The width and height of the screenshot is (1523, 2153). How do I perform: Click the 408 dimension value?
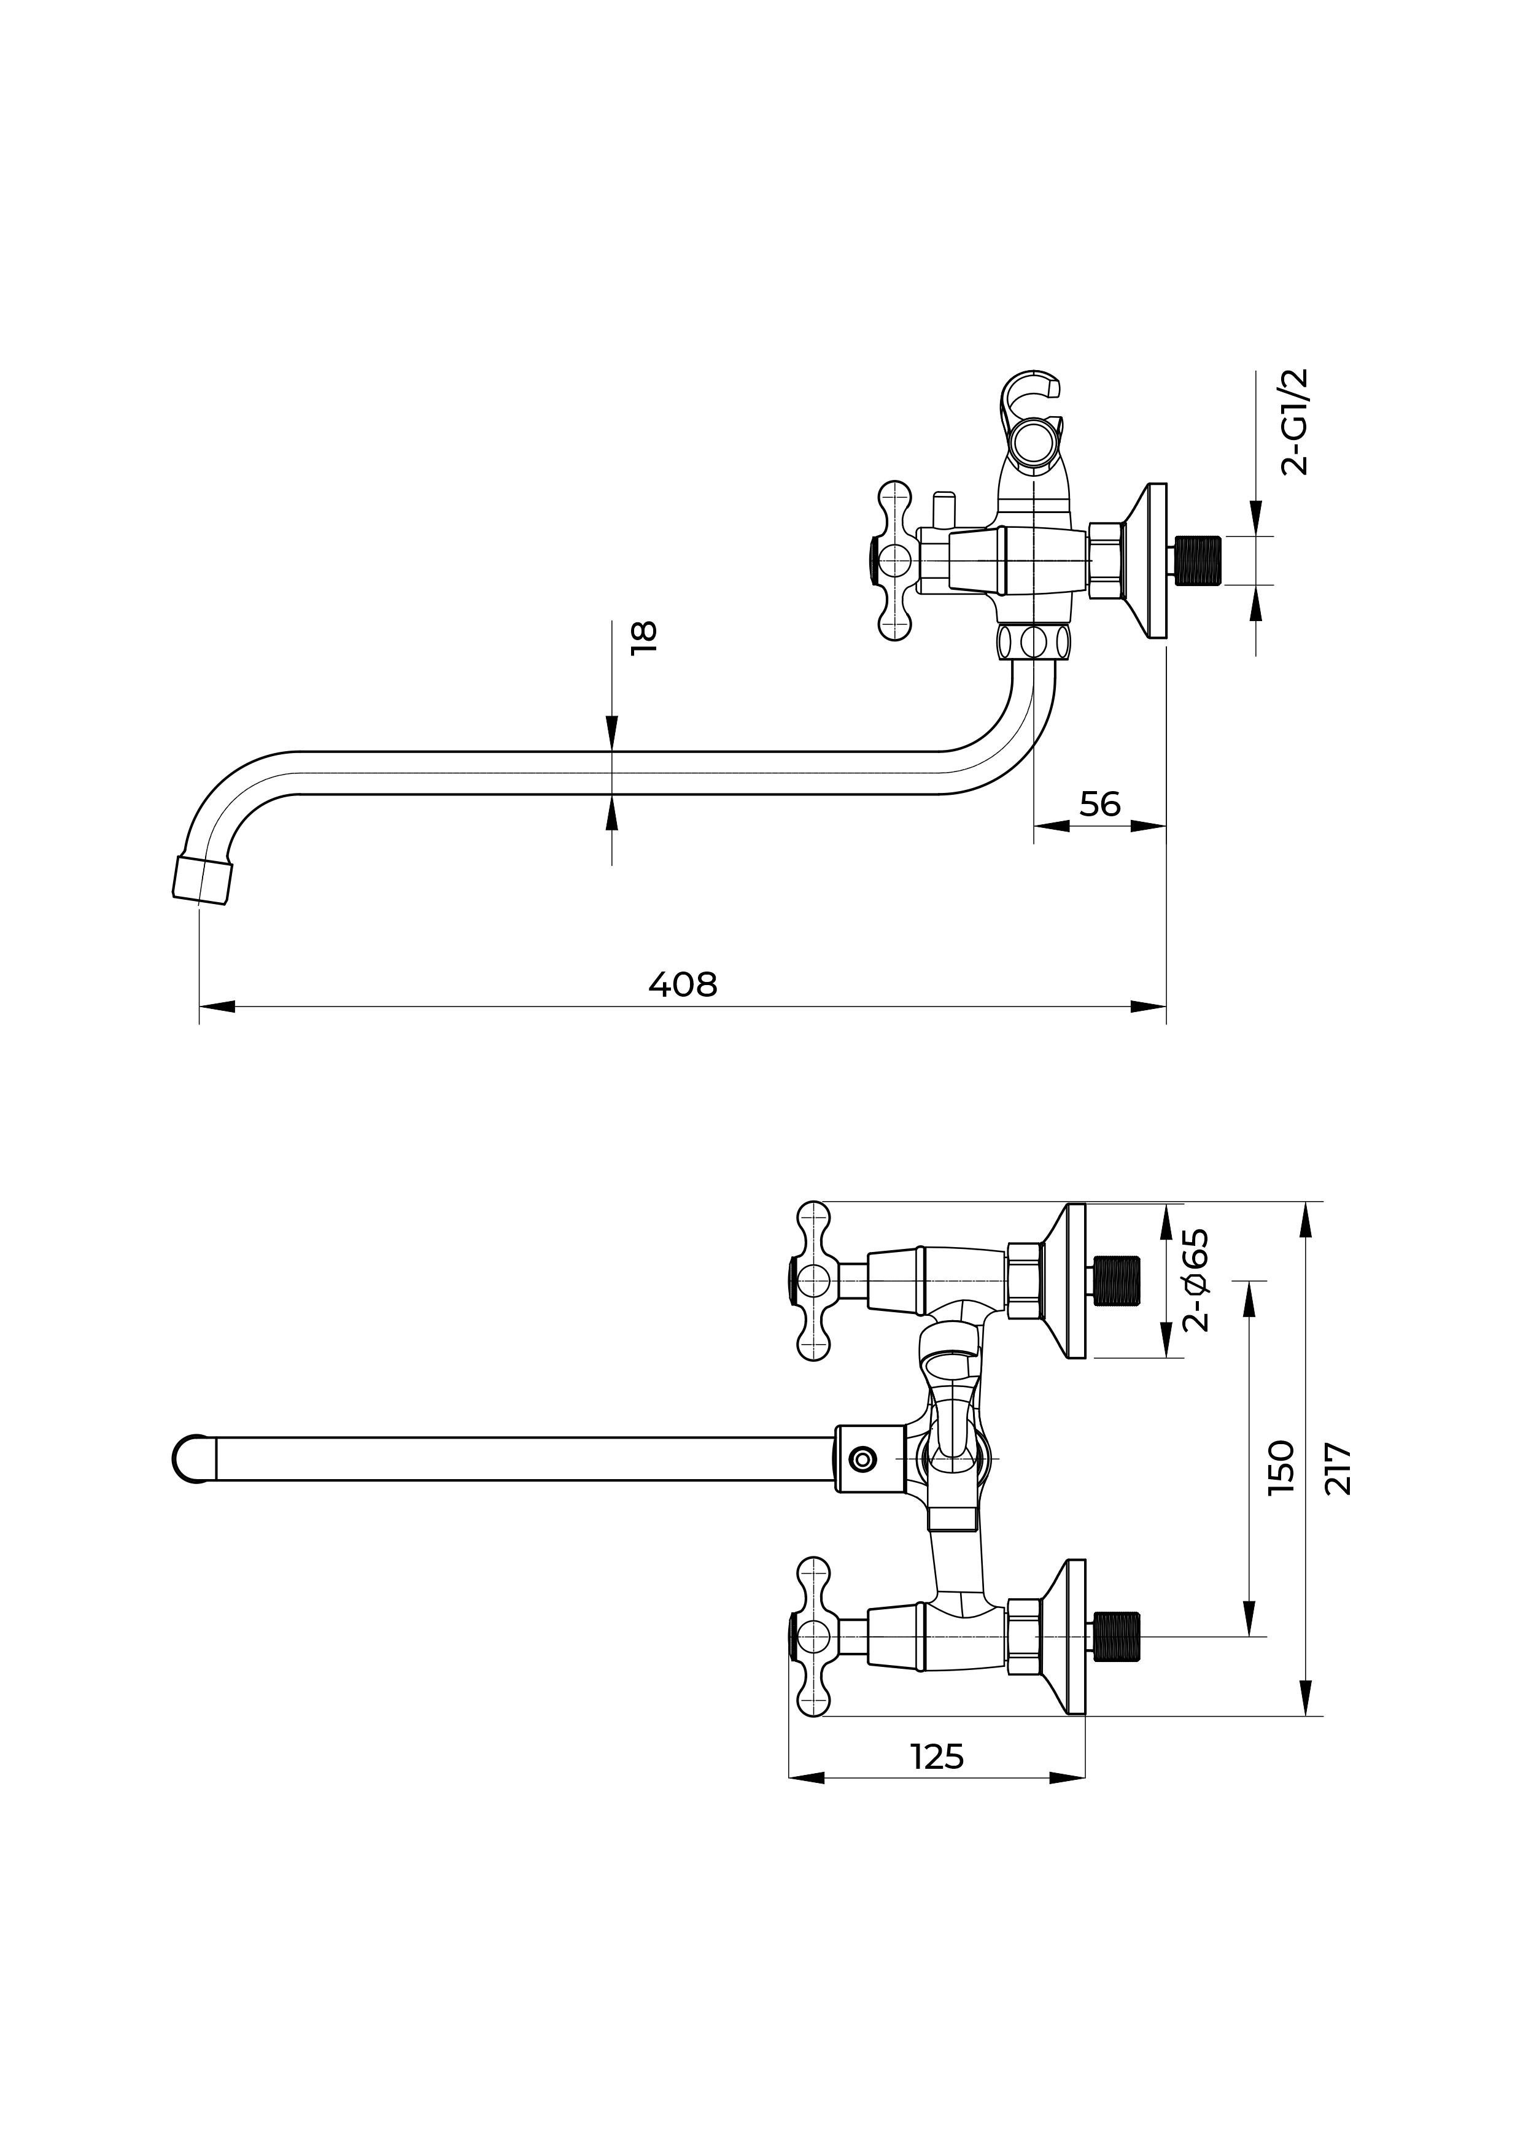682,984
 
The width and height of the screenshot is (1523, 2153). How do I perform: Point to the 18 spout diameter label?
645,638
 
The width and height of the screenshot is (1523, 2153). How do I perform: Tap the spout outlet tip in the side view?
201,879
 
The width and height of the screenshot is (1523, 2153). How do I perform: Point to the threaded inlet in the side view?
1198,561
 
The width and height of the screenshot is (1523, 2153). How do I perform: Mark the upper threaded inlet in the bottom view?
1117,1280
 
